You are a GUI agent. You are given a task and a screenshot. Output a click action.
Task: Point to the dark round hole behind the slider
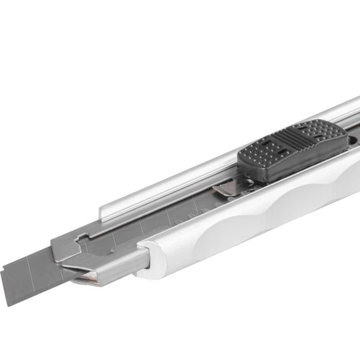point(355,139)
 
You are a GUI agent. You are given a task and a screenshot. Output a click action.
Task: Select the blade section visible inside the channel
point(164,216)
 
